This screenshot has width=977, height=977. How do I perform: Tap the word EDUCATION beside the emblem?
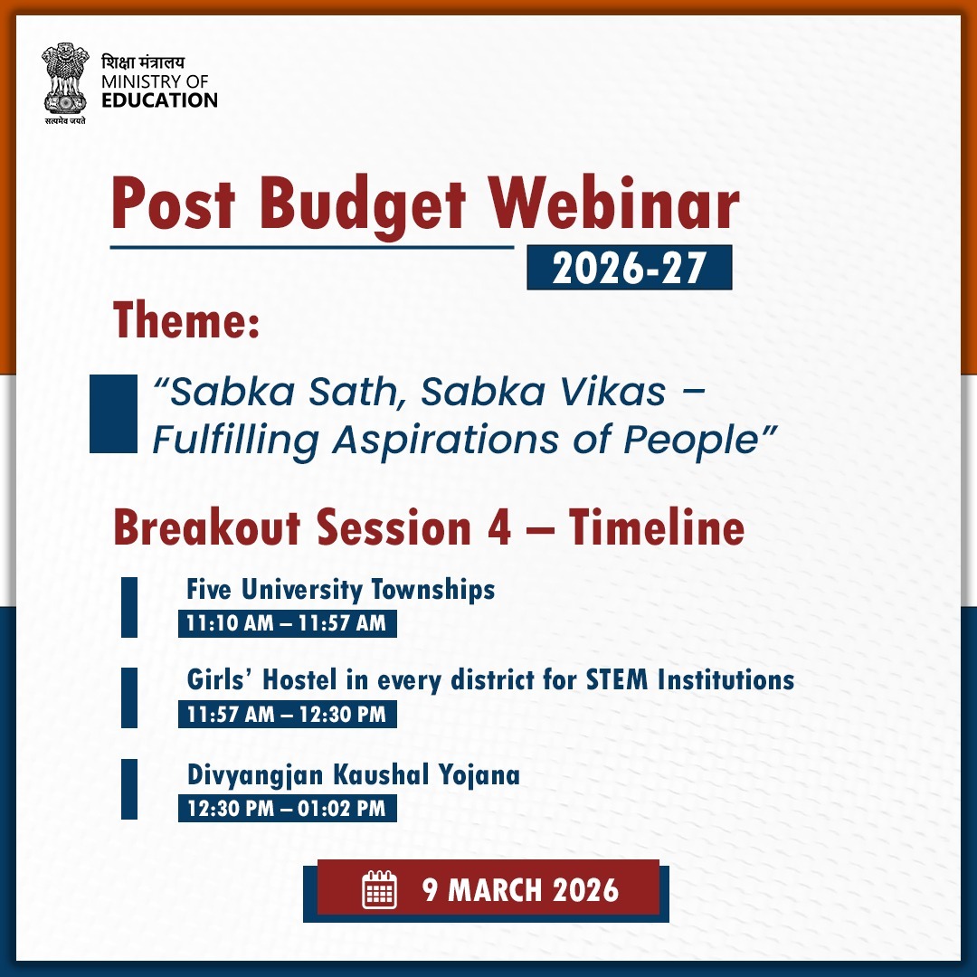click(159, 100)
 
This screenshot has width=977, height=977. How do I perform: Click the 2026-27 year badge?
click(629, 268)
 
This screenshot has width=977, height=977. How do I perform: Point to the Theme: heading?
click(186, 323)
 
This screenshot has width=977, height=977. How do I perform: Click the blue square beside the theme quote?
click(112, 413)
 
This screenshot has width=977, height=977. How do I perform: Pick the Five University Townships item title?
click(341, 590)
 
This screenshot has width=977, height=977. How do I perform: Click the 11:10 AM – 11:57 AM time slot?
click(287, 623)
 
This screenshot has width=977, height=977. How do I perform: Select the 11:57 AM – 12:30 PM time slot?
click(287, 714)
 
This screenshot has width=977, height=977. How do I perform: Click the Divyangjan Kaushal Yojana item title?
click(354, 775)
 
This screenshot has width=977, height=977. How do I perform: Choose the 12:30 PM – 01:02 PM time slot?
click(287, 808)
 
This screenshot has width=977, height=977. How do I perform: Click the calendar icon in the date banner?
click(380, 890)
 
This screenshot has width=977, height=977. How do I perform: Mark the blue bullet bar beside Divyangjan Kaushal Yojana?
click(129, 790)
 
